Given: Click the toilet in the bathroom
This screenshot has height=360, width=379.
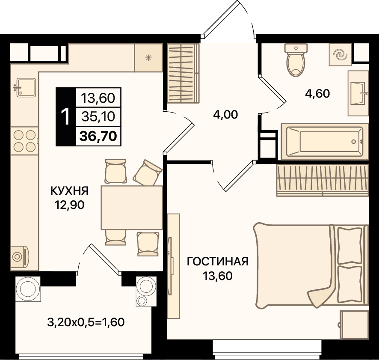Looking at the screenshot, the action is pos(296,60).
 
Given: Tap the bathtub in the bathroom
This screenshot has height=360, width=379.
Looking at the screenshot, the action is pos(325,142).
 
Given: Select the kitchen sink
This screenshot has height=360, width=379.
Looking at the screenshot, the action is pos(25,87).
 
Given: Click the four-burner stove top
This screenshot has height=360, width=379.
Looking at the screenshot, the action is pos(24,141).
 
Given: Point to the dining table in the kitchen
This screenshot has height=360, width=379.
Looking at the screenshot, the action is pos(132,208).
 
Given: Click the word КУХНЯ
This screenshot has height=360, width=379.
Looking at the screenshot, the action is pos(70,191).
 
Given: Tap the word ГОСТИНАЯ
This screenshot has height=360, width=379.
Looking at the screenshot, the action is pos(218,262).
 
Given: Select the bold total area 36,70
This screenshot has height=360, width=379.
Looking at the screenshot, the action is pos(98,136).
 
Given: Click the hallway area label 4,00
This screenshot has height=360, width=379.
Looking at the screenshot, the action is pos(225,114).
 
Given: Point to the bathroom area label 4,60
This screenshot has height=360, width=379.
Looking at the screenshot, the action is pos(317,94).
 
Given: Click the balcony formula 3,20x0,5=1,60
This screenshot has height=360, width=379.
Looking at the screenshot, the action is pos(86,322).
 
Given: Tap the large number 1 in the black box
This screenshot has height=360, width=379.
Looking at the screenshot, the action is pos(65,116).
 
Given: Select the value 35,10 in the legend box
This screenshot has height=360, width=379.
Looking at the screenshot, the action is pos(98,116).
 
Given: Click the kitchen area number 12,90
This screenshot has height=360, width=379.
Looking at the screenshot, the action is pos(70,205).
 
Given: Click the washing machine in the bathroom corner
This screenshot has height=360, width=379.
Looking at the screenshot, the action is pos(341,55).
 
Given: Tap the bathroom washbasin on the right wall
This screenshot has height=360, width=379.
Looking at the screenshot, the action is pos(358,93).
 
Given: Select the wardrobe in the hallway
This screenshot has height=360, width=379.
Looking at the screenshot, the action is pos(183,73).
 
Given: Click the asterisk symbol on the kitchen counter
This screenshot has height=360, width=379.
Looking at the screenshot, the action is pos(148,58).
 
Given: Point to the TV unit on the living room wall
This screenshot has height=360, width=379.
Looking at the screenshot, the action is pos(173,266).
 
